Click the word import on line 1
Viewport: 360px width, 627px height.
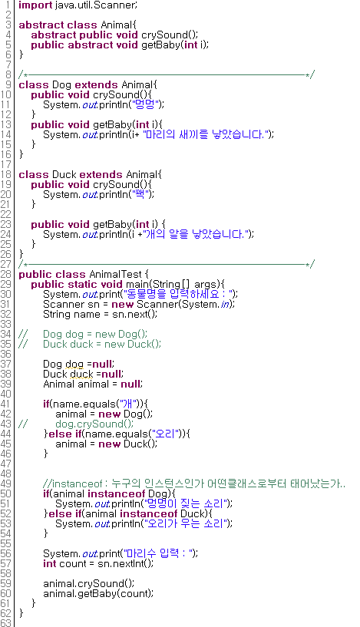pos(35,5)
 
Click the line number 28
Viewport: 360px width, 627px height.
pos(6,274)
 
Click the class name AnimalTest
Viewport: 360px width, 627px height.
pos(116,274)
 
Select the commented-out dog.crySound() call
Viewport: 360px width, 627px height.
pos(94,424)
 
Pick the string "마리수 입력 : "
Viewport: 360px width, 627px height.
pos(159,554)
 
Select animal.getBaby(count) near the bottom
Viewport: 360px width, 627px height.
pos(98,594)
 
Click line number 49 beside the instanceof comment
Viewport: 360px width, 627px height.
pos(6,483)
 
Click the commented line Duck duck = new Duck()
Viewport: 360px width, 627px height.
pos(102,345)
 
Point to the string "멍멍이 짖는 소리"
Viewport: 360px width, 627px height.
pos(186,504)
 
